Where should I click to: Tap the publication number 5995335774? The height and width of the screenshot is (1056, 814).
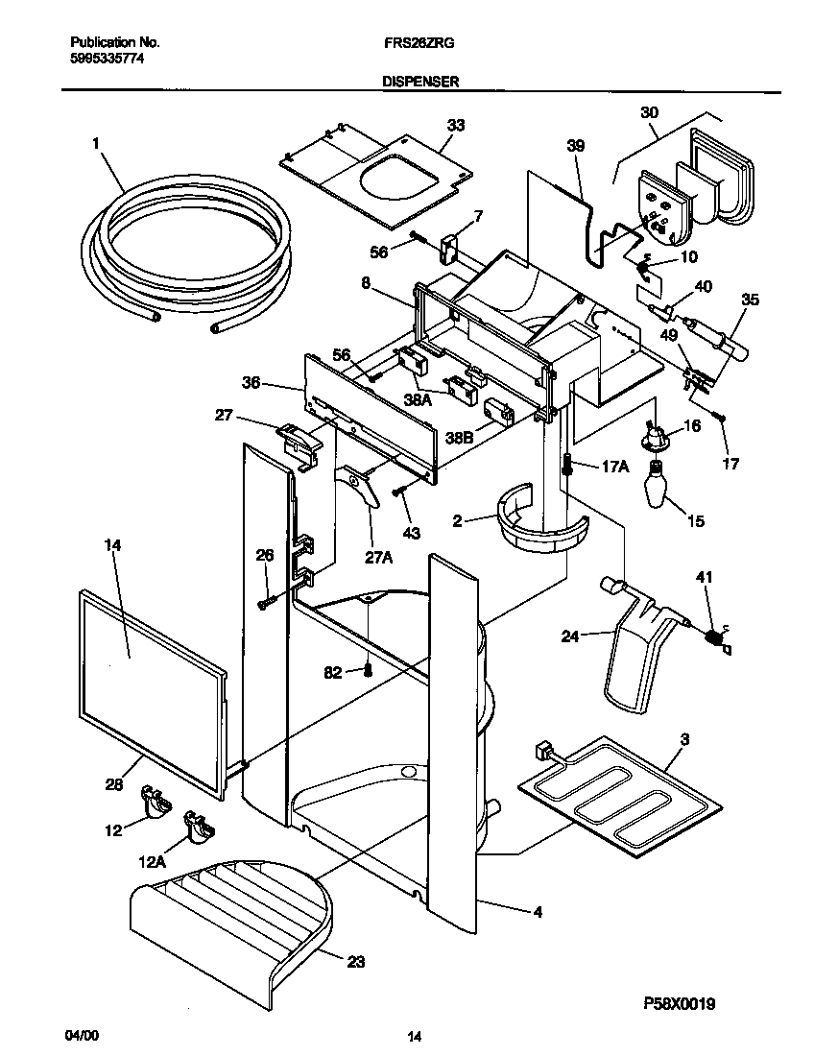tap(108, 59)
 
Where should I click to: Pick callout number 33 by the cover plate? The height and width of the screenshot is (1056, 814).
tap(455, 125)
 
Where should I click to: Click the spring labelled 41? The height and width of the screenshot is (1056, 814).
tap(715, 636)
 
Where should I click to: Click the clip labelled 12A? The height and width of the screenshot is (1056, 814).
tap(200, 826)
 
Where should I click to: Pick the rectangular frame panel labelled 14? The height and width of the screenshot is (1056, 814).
tap(149, 691)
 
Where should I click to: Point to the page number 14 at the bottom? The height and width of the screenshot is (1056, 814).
tap(414, 1036)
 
